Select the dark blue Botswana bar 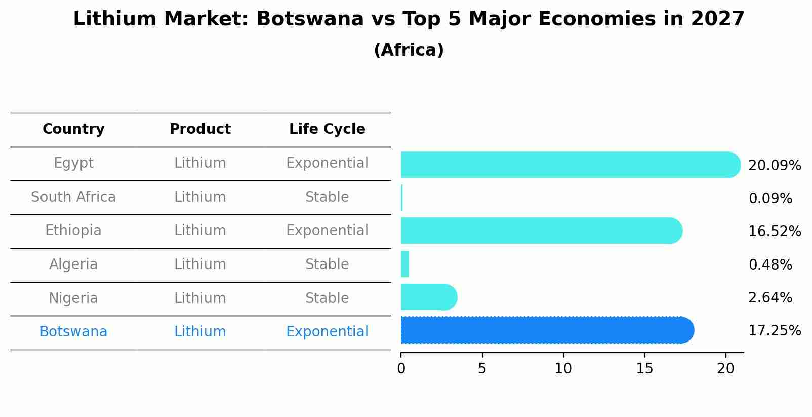547,330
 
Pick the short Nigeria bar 428,297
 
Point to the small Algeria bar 405,264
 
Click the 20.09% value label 774,166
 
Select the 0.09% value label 770,199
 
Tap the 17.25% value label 774,331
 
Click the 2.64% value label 770,298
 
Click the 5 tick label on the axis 482,369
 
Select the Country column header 73,129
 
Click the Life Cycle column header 327,129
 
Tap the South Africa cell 73,197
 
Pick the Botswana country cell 73,332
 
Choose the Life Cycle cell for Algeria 327,264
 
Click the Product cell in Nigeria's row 200,298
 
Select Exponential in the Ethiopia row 327,231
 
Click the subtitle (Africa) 409,50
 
